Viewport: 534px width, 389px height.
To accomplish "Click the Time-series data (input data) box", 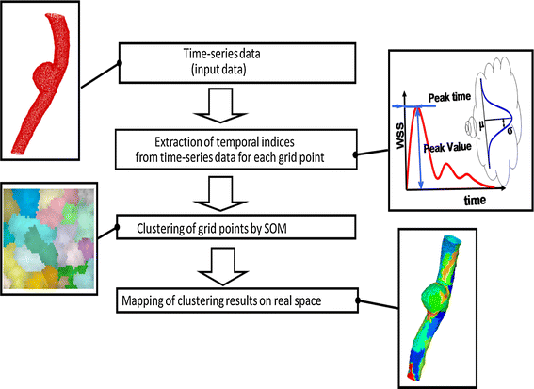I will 238,64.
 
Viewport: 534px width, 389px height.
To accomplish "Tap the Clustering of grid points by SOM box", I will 237,227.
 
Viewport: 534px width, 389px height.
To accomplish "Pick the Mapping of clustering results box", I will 238,302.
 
